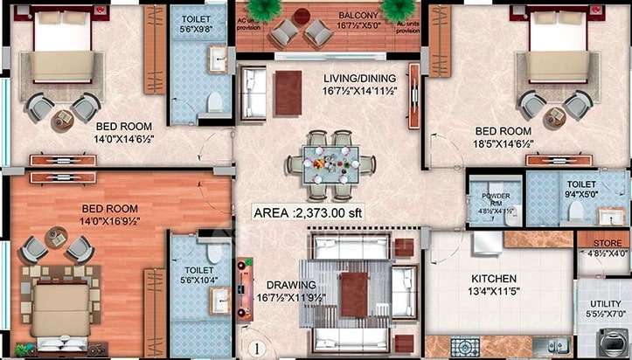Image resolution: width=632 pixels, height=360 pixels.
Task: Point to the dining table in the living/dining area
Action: tap(330, 163)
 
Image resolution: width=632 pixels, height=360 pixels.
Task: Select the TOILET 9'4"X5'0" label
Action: tap(581, 190)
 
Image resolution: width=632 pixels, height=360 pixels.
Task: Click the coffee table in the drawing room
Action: tap(353, 293)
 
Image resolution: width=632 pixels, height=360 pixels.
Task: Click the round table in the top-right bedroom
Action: tap(553, 115)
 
